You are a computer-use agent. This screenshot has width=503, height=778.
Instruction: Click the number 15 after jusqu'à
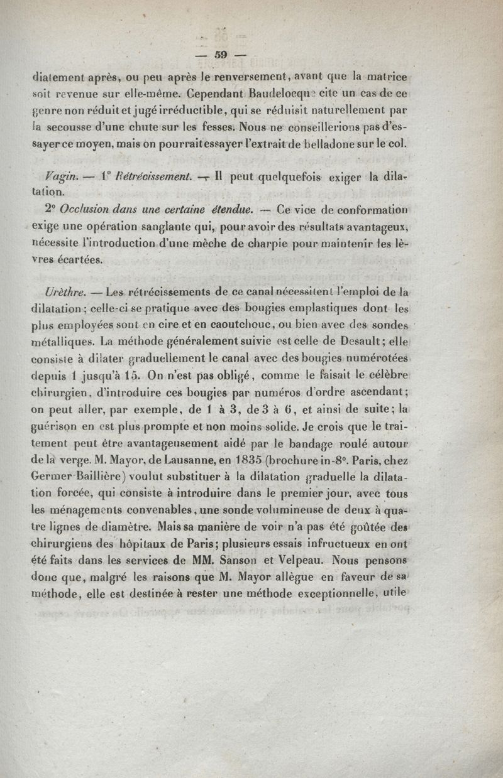tap(133, 375)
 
